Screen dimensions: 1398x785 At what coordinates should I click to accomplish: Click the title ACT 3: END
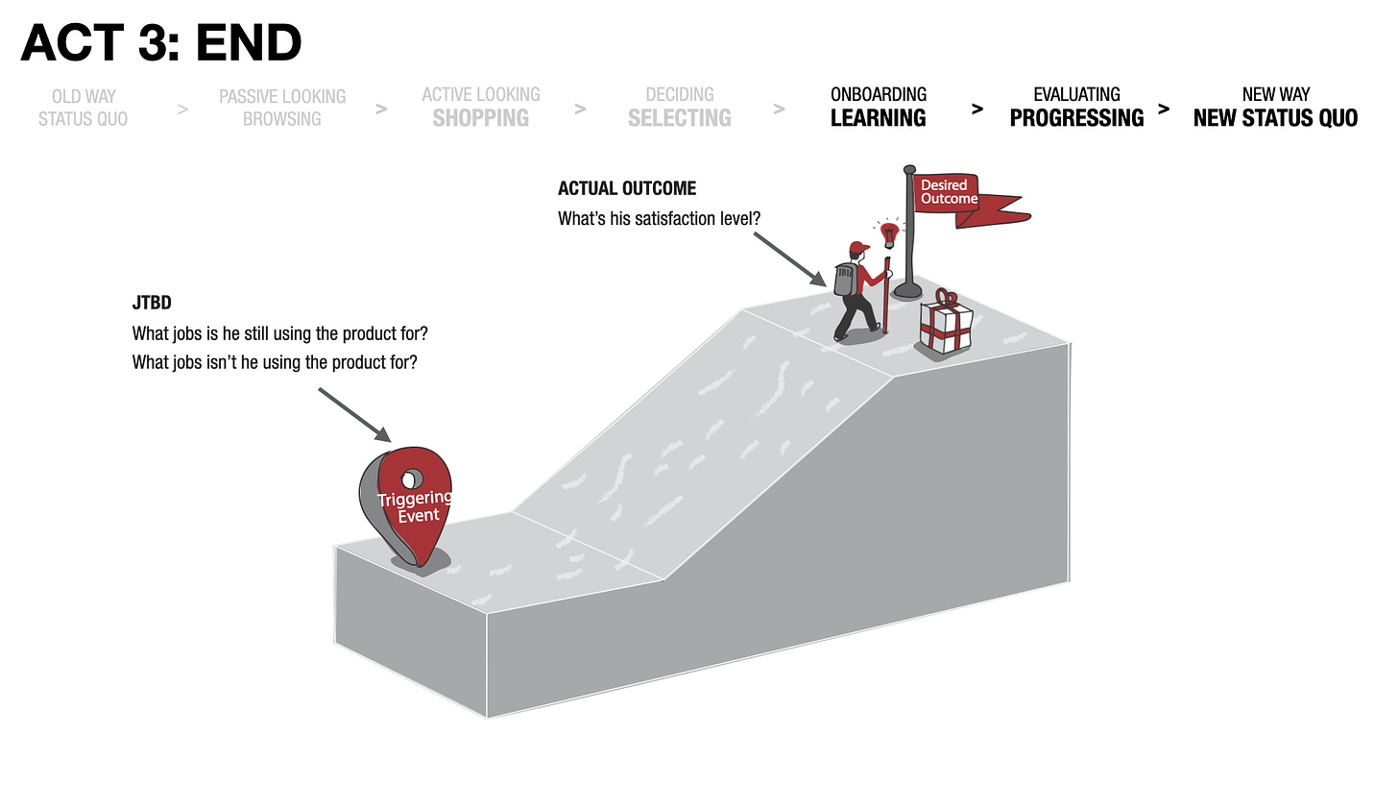point(161,42)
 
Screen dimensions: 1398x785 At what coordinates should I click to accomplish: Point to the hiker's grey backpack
point(846,279)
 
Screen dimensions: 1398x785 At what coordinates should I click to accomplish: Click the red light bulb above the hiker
point(889,234)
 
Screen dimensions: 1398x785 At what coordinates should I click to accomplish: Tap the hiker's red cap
point(859,247)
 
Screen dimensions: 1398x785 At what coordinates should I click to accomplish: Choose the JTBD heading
point(152,303)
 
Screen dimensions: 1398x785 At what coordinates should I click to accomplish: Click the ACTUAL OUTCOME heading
point(627,188)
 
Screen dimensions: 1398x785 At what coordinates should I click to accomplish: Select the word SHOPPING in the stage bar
point(480,118)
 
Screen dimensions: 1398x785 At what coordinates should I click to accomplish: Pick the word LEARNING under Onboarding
point(879,118)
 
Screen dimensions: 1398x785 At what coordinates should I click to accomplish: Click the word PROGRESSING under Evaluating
point(1076,118)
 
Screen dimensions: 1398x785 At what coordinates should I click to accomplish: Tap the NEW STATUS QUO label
point(1276,118)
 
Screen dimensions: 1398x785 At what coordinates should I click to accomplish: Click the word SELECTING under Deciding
point(680,118)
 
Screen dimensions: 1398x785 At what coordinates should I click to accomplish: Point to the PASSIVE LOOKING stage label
point(282,97)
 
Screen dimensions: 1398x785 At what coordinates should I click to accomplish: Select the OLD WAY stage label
point(84,97)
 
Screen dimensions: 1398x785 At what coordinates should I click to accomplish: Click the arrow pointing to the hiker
point(790,259)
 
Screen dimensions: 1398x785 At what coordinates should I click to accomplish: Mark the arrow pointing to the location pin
point(355,415)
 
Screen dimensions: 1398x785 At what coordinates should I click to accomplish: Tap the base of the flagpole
point(907,290)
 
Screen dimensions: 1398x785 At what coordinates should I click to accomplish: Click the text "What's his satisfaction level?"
point(659,219)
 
